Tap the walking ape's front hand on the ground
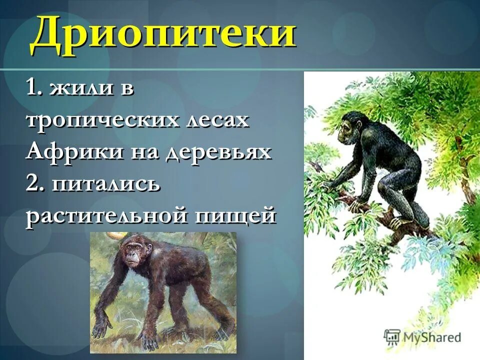[x=102, y=327]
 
